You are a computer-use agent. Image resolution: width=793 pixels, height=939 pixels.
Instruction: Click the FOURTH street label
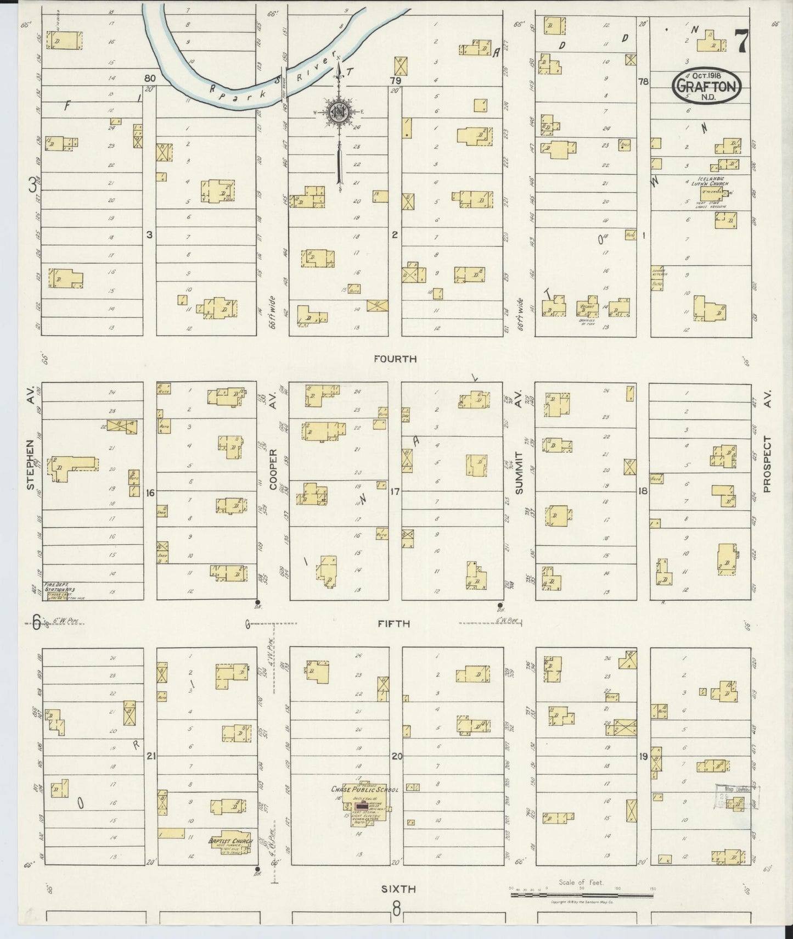(x=395, y=359)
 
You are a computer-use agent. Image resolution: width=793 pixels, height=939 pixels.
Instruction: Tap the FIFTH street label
(x=395, y=624)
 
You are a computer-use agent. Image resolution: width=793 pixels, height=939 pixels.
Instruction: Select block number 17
(x=393, y=492)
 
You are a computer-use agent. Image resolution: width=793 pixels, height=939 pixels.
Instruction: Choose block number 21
(x=151, y=756)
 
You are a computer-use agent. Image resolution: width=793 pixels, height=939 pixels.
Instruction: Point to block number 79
(x=395, y=81)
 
